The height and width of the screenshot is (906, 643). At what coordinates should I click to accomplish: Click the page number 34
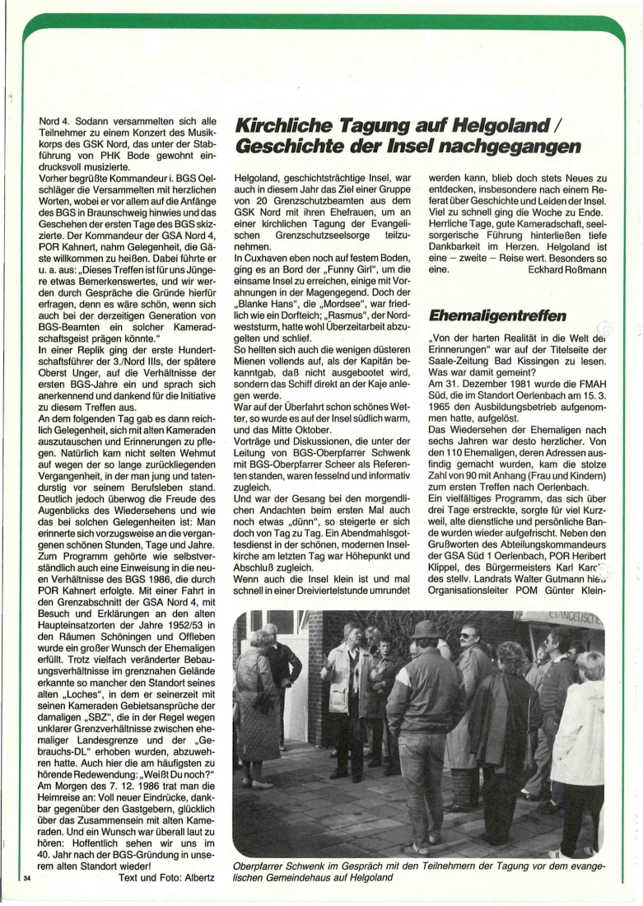26,886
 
